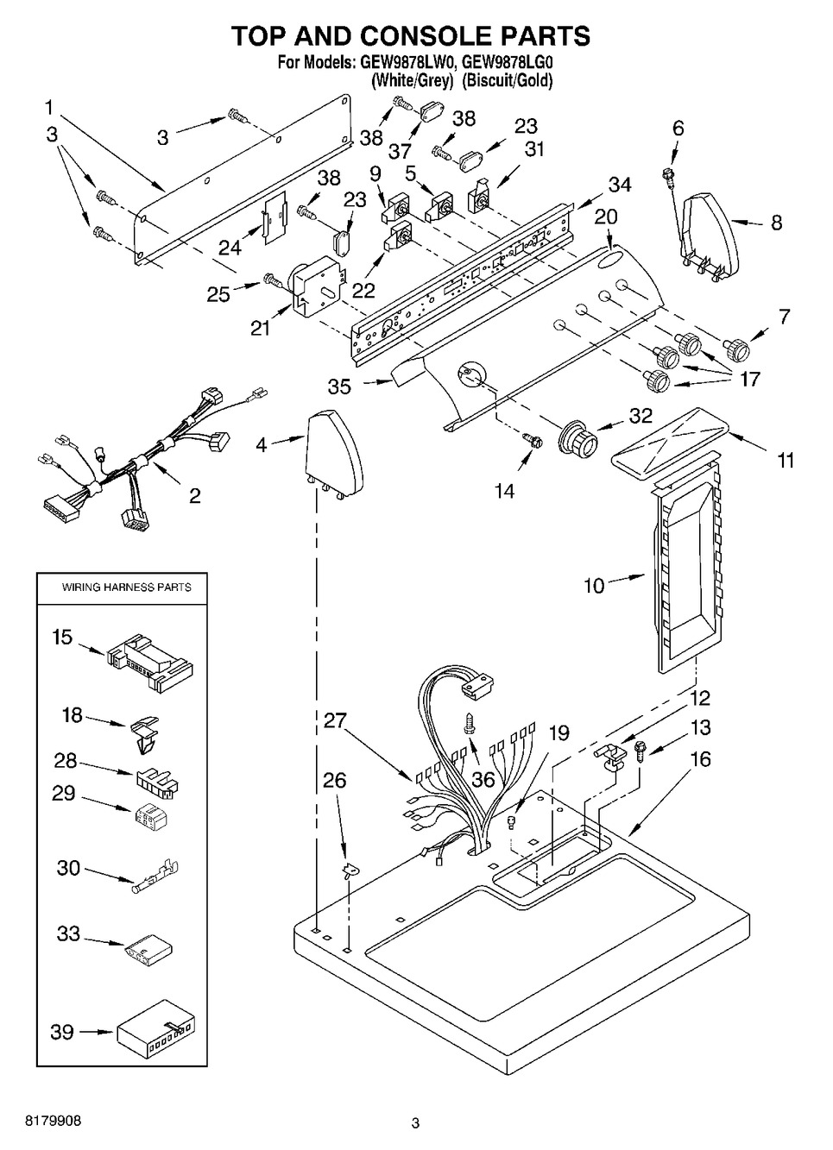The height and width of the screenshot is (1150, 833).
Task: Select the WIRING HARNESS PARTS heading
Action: (x=126, y=588)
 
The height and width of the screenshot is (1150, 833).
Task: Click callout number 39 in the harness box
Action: (x=61, y=1031)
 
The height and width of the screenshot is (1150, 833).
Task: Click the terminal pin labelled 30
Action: (x=155, y=879)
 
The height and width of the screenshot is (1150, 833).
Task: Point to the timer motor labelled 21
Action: (x=315, y=285)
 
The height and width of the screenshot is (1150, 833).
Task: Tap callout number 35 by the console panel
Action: (x=339, y=386)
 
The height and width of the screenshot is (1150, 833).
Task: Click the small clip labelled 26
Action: (x=349, y=870)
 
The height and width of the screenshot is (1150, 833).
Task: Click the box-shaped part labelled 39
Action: (x=156, y=1031)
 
